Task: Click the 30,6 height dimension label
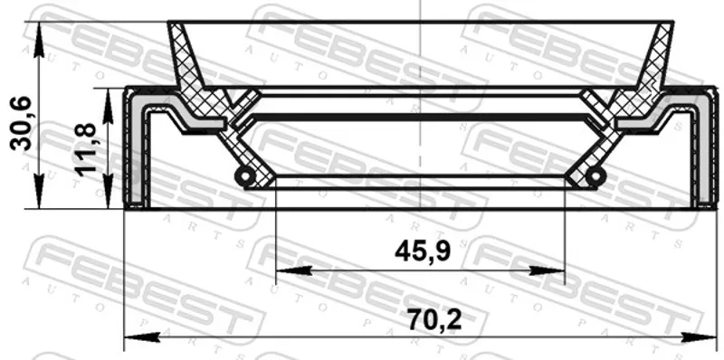[x=21, y=123]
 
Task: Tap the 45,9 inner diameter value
[x=423, y=251]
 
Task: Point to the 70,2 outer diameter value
[x=434, y=320]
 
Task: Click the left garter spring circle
[x=244, y=175]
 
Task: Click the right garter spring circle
[x=595, y=175]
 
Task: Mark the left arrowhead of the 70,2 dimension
[x=142, y=338]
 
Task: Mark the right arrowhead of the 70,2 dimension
[x=699, y=338]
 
